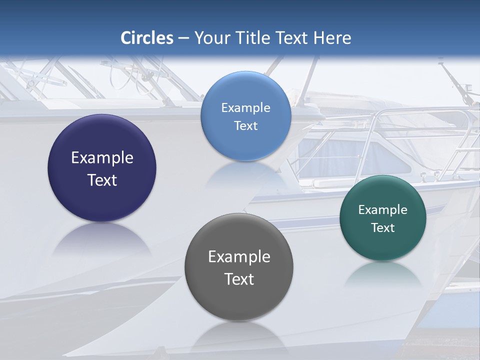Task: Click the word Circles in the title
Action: [147, 38]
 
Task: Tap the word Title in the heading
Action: [252, 38]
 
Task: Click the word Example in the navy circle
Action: [102, 158]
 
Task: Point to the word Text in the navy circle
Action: [102, 180]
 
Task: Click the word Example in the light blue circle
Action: [245, 108]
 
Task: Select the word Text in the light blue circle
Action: [245, 126]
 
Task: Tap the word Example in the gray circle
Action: [239, 257]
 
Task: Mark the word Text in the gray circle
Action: [239, 279]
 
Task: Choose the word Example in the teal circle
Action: [383, 210]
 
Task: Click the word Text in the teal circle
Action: [383, 228]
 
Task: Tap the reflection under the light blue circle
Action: [245, 173]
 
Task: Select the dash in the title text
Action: [183, 38]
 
